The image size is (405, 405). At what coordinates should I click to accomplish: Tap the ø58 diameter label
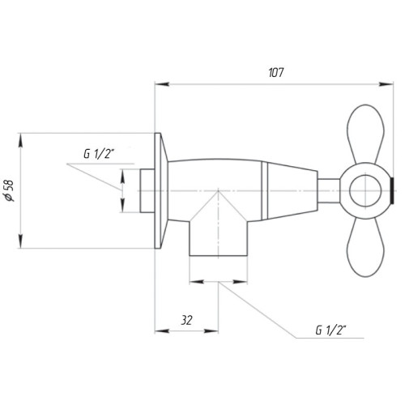11,191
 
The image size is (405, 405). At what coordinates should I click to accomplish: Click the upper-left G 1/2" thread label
99,154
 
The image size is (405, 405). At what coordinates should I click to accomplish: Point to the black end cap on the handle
392,191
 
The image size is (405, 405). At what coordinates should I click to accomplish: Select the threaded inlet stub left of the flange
146,191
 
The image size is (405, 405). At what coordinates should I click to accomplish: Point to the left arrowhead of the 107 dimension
159,83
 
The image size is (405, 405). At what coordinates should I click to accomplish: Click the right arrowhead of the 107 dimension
389,83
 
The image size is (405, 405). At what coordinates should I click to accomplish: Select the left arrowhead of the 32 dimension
158,330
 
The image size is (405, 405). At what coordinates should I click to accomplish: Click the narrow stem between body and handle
328,191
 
